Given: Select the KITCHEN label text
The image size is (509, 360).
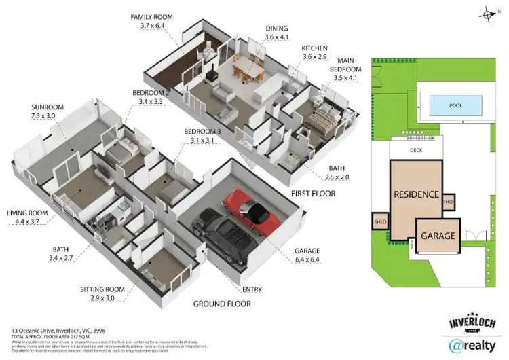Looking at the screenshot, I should (x=316, y=48).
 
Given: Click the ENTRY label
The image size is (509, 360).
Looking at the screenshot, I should (x=252, y=290).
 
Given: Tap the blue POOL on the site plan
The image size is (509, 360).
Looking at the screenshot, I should (x=455, y=106).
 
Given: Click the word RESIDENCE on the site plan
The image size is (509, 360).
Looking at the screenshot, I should (x=416, y=194).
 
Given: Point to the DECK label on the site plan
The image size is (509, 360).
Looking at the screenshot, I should (x=417, y=151).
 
